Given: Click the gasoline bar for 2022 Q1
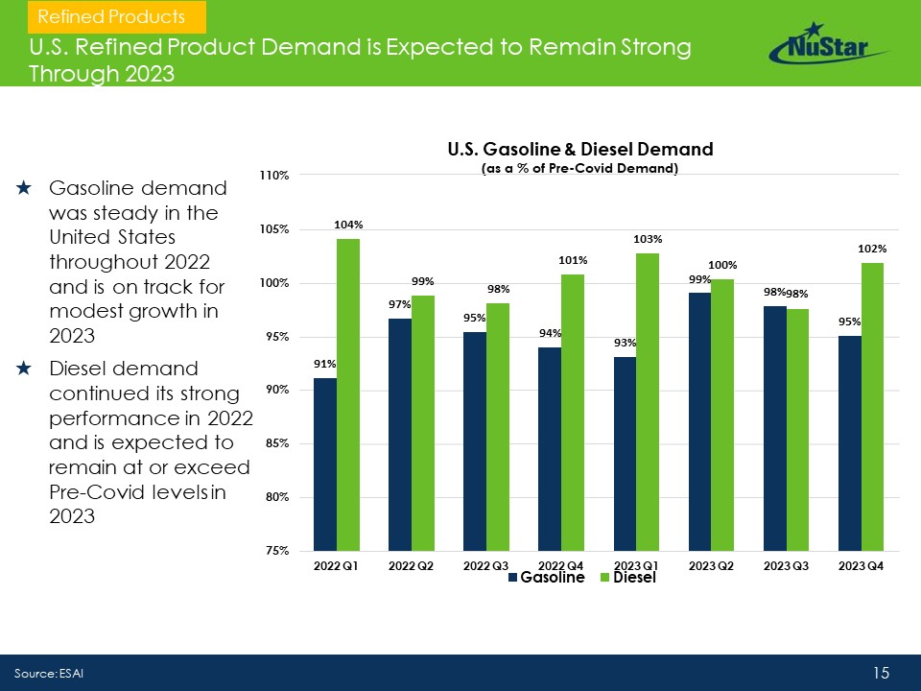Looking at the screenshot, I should [325, 465].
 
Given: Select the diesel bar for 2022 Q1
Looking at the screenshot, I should [348, 394].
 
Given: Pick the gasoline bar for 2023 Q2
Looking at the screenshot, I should [699, 421].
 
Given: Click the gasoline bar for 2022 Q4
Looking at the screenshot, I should [550, 448].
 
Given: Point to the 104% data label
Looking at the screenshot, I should [347, 225].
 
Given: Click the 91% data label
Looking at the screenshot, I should [324, 364].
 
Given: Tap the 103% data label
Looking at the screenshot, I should [647, 238].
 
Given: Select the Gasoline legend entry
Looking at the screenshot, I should [546, 578].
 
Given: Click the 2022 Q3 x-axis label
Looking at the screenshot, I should [485, 565].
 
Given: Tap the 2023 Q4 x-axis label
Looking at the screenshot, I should [861, 565].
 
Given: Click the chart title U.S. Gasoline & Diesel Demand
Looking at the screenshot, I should [580, 150].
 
